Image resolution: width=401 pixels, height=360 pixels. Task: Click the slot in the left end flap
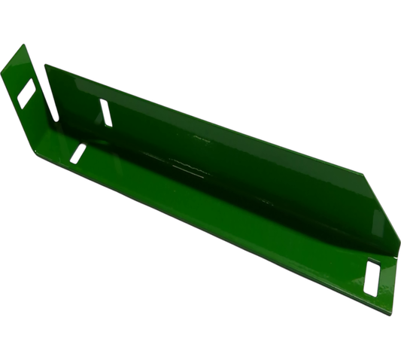(x=26, y=93)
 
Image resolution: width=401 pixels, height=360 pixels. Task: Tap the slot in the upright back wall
(x=106, y=112)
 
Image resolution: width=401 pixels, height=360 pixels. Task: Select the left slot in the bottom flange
(x=77, y=154)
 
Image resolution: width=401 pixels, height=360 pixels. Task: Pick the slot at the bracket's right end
(x=371, y=279)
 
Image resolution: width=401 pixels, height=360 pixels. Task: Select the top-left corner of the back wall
(x=46, y=66)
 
